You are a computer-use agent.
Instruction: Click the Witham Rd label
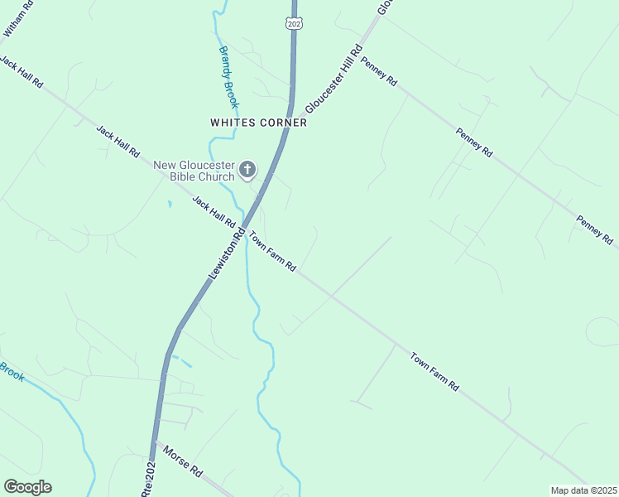tap(19, 17)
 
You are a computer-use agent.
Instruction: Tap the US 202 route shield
tap(295, 22)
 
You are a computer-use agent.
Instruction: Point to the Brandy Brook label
tap(228, 77)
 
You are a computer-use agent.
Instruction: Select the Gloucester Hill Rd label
tap(334, 80)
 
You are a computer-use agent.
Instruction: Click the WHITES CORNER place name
tap(258, 123)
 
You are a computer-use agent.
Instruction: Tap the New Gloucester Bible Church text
tap(194, 171)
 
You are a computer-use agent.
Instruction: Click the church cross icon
tap(247, 171)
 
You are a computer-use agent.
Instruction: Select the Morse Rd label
tap(183, 461)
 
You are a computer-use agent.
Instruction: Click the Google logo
tap(27, 487)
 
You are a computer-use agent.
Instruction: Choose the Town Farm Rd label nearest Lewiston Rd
tap(272, 251)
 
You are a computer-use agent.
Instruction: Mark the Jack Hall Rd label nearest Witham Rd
tap(22, 75)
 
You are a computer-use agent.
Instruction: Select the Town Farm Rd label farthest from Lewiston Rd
tap(434, 372)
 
